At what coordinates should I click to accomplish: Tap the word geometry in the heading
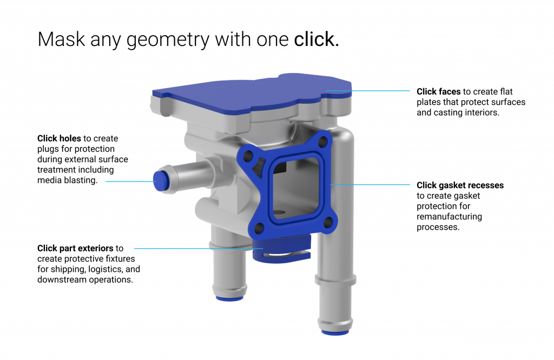(168, 41)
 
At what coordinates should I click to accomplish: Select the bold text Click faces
(438, 91)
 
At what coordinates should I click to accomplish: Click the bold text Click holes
(59, 138)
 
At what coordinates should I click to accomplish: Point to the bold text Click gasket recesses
(460, 185)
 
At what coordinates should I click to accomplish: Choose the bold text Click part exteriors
(75, 249)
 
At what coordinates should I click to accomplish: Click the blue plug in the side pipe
(160, 181)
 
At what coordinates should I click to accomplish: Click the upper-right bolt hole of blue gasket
(322, 143)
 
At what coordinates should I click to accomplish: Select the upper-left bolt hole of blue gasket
(248, 156)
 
